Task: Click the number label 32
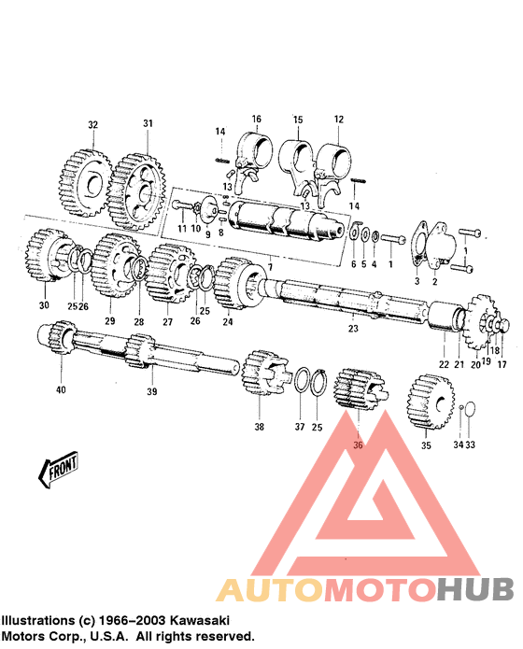click(x=92, y=124)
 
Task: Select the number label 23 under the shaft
click(x=353, y=328)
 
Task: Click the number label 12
click(x=338, y=119)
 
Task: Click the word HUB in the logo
click(x=474, y=590)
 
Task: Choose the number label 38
click(x=260, y=427)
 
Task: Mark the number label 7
click(x=270, y=268)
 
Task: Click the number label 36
click(x=358, y=444)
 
